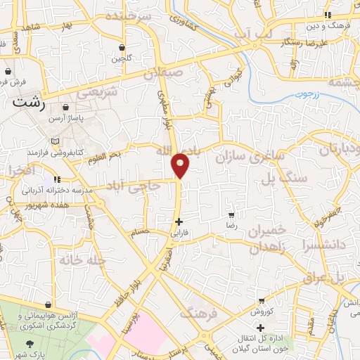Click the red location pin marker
tap(181, 165)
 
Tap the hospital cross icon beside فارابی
tap(179, 221)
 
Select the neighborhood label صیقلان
tap(164, 72)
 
